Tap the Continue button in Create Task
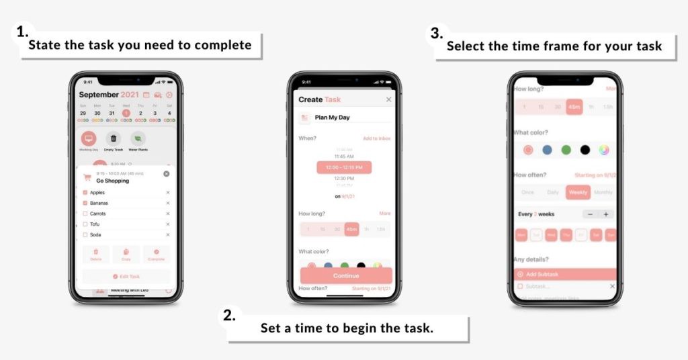point(345,275)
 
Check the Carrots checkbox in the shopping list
point(85,214)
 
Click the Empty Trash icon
point(114,138)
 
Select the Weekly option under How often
point(578,192)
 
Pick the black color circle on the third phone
point(585,150)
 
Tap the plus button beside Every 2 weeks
point(605,214)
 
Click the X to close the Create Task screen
point(388,99)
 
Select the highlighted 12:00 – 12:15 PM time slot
point(344,167)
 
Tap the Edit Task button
point(126,276)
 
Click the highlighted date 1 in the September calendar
point(126,113)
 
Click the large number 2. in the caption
point(230,315)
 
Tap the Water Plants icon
point(138,138)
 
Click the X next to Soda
point(168,235)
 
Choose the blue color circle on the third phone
point(547,150)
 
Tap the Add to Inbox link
point(376,138)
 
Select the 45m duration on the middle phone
point(351,229)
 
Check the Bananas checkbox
point(85,203)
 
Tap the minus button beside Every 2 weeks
point(589,214)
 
